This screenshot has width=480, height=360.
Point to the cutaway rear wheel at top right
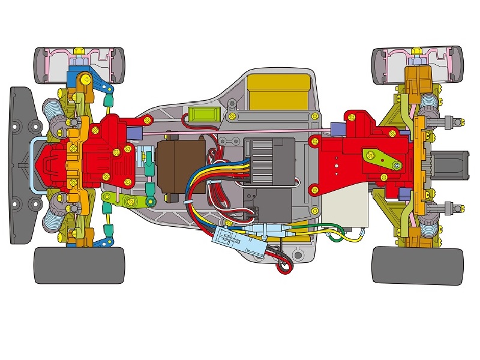point(418,65)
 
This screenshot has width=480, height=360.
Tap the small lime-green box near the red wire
point(201,114)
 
